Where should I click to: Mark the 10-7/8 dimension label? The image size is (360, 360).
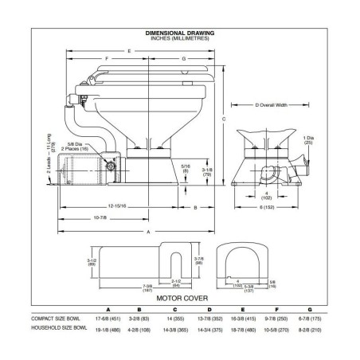pyautogui.click(x=99, y=217)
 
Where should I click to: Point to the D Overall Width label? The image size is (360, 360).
pyautogui.click(x=259, y=106)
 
